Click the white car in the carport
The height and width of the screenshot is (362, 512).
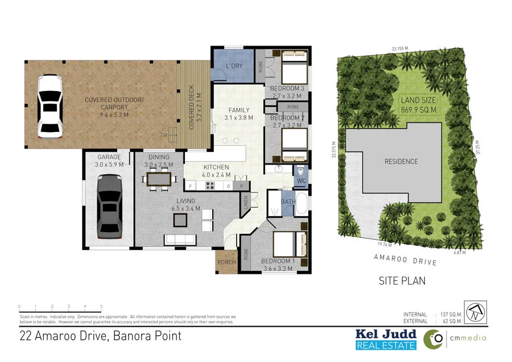click(x=49, y=106)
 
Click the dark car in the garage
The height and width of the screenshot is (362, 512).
click(x=109, y=206)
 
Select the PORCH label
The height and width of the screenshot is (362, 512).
click(x=226, y=262)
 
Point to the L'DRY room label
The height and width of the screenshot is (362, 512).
click(x=234, y=67)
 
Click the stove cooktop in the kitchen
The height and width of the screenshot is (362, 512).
click(x=209, y=186)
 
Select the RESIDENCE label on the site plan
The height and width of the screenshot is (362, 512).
click(x=401, y=161)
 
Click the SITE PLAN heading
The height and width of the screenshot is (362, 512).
click(x=402, y=281)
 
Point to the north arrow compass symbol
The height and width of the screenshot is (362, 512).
click(x=476, y=312)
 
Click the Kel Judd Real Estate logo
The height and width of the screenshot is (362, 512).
click(x=386, y=339)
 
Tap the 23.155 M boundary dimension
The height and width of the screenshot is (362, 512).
click(x=400, y=49)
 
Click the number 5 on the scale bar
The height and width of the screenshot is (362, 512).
click(x=101, y=306)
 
